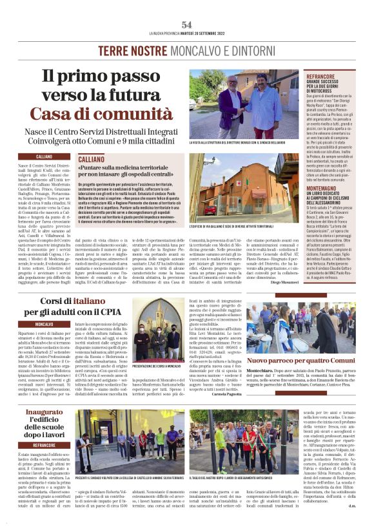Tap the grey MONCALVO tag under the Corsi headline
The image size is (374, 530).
[x=44, y=324]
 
